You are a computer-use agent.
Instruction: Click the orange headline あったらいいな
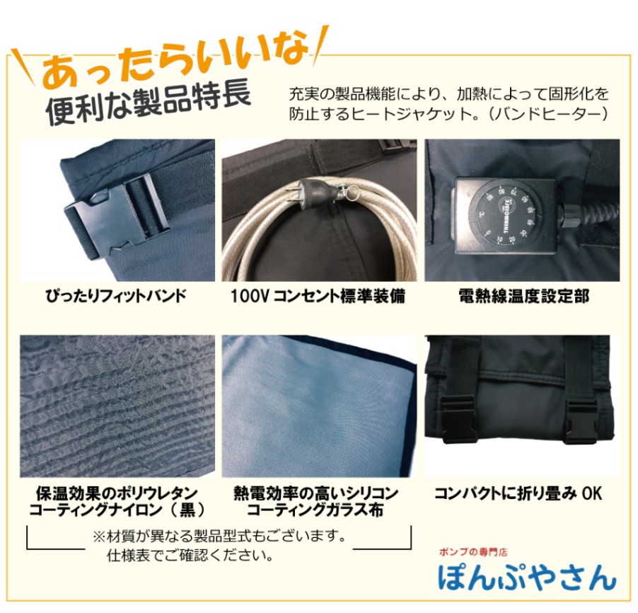coord(175,60)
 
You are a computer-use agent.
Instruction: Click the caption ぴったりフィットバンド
coord(117,296)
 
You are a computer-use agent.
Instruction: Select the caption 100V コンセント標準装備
coord(318,296)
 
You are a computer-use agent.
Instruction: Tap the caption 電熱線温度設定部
coord(523,296)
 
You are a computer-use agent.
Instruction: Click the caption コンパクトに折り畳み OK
coord(518,493)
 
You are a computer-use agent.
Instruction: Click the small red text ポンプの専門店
coord(472,552)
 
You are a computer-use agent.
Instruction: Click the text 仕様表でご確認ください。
coord(190,555)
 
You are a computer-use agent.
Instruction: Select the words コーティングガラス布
coord(315,510)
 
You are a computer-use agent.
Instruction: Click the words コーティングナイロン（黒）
coord(117,510)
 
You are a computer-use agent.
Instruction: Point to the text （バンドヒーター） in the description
coord(548,114)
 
